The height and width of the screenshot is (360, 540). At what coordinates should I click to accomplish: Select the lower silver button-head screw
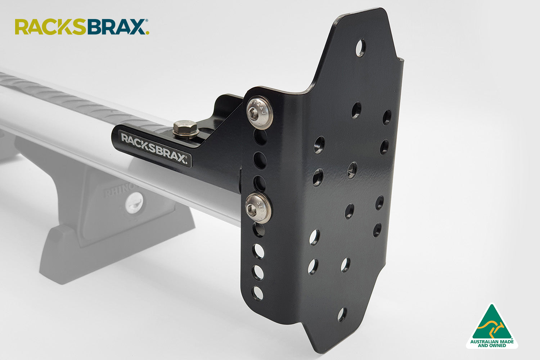pyautogui.click(x=258, y=208)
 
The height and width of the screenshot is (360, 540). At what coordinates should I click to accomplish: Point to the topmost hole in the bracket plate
pyautogui.click(x=360, y=48)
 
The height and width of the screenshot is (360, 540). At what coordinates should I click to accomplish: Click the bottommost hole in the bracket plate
pyautogui.click(x=342, y=314)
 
